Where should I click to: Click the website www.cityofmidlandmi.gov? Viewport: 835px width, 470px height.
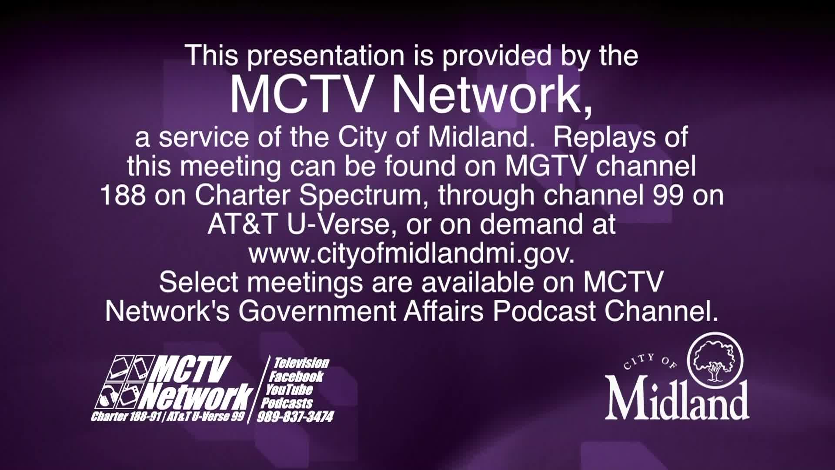tap(412, 253)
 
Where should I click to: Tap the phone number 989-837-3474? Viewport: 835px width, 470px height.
tap(295, 416)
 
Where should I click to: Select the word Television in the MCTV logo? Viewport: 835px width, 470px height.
tap(301, 363)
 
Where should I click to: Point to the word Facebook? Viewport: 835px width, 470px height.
tap(296, 376)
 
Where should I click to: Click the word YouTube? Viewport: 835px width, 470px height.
tap(289, 389)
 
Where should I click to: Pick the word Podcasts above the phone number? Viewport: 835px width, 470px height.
tap(287, 403)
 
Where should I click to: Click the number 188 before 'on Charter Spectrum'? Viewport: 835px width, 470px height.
tap(123, 195)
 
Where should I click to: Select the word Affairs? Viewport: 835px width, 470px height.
tap(444, 311)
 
